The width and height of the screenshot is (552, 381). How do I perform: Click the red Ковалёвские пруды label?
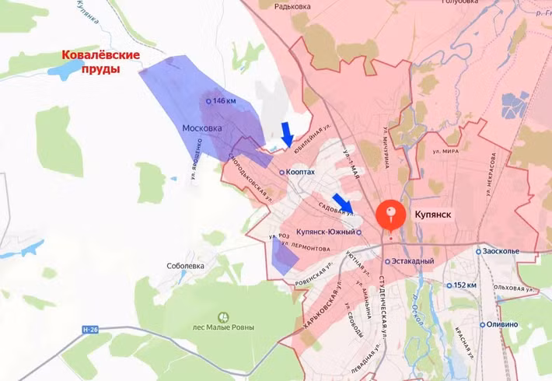(x=101, y=61)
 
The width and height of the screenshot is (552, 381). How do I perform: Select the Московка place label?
(x=202, y=128)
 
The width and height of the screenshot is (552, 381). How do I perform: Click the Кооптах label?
(x=301, y=173)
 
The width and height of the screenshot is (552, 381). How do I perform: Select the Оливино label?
(x=505, y=324)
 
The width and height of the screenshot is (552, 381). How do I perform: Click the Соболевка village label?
(x=185, y=265)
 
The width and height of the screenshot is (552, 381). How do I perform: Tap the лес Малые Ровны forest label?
(x=223, y=327)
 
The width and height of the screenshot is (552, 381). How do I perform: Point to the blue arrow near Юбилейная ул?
(x=287, y=135)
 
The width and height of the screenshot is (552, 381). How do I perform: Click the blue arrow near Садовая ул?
(x=341, y=202)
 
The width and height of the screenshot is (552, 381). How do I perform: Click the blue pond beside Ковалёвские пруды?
(x=61, y=71)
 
